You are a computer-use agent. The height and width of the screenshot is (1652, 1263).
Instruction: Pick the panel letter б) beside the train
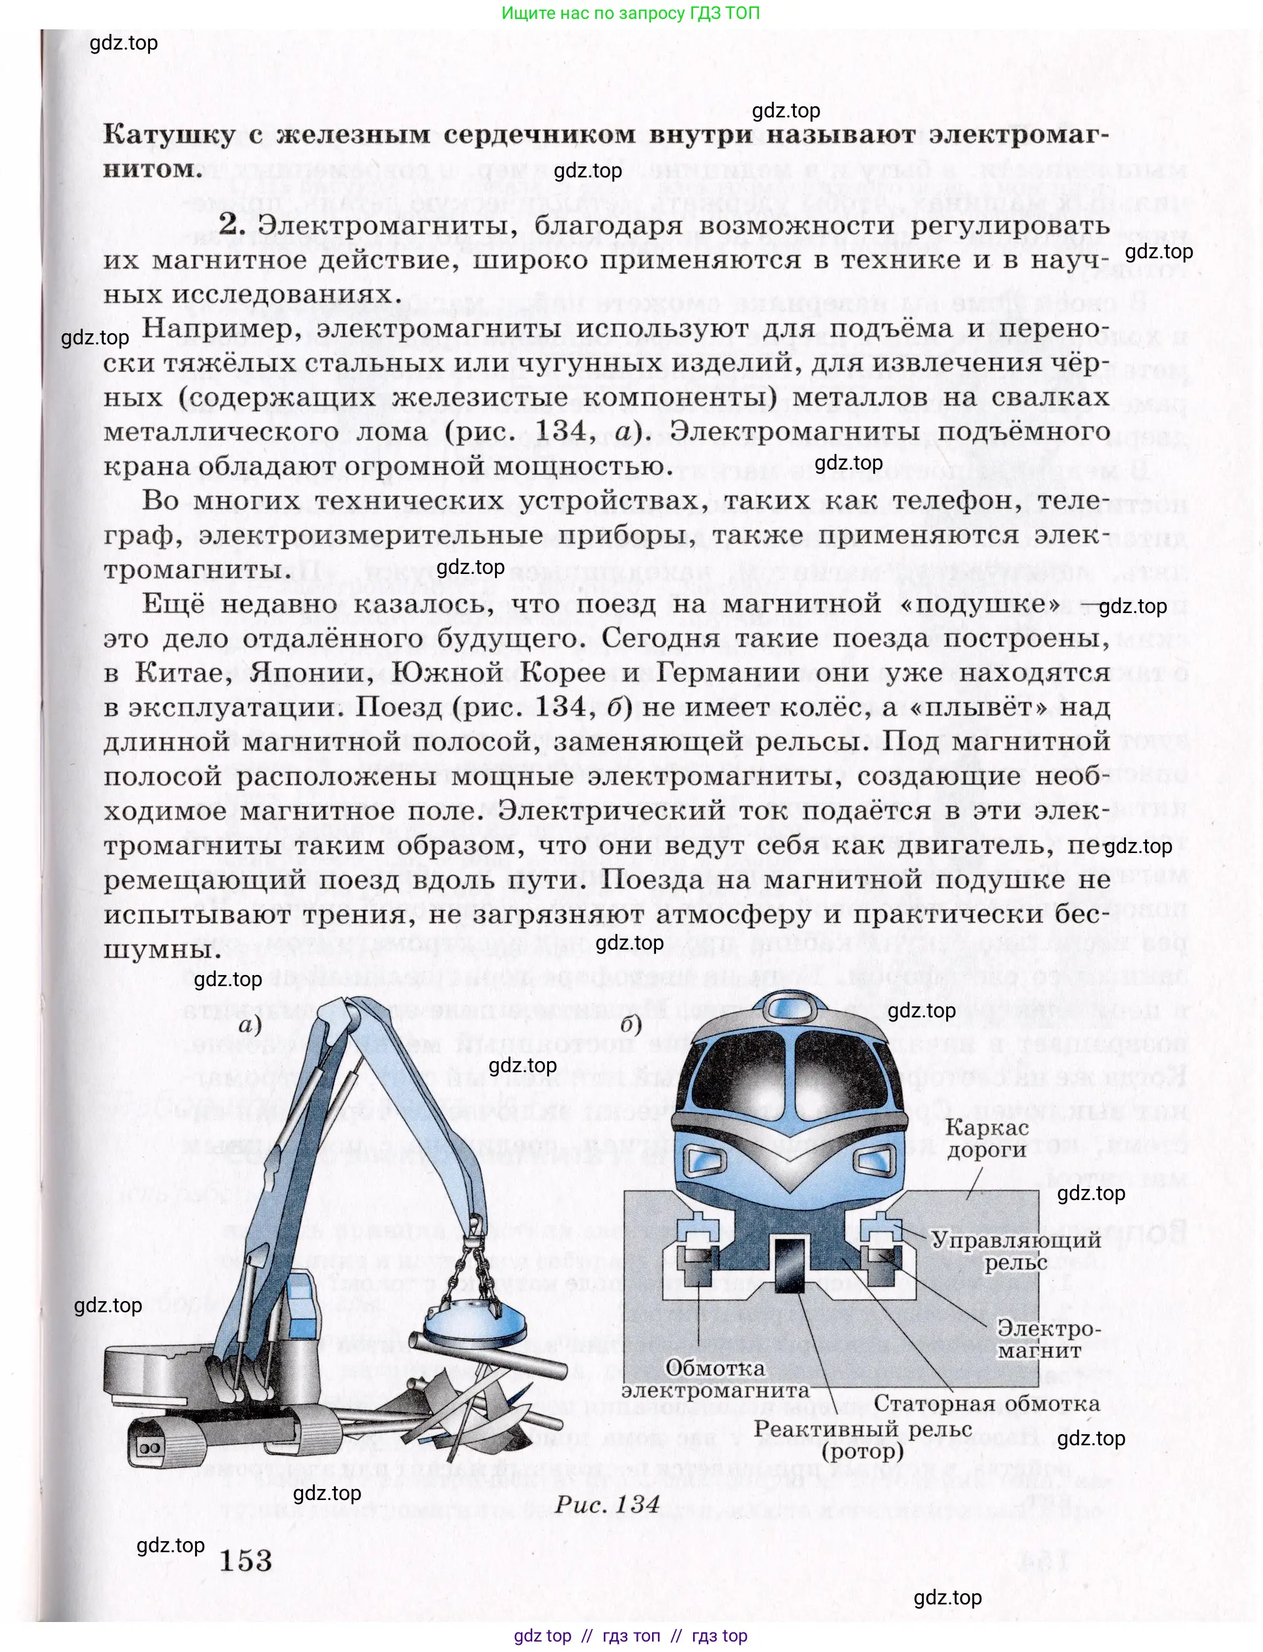coord(631,1025)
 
